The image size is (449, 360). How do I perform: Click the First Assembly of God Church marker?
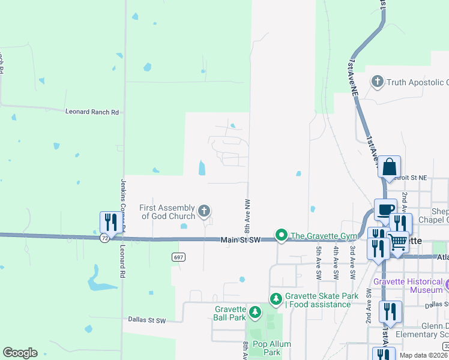tap(204, 211)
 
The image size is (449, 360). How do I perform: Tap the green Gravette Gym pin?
tap(280, 235)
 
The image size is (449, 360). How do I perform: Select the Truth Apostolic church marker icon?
tap(378, 81)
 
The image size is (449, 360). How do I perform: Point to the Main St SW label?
tap(240, 240)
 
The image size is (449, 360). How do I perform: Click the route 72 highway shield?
tap(105, 238)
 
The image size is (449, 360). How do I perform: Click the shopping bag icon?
tap(390, 167)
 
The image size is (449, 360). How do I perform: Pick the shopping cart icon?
tap(398, 241)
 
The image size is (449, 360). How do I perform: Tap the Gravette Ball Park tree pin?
tap(255, 312)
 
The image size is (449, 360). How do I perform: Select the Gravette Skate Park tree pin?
tap(276, 298)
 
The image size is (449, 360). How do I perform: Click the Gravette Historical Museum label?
tap(410, 286)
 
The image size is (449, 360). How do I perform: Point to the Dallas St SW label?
tap(146, 320)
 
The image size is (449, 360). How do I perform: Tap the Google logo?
tap(20, 353)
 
